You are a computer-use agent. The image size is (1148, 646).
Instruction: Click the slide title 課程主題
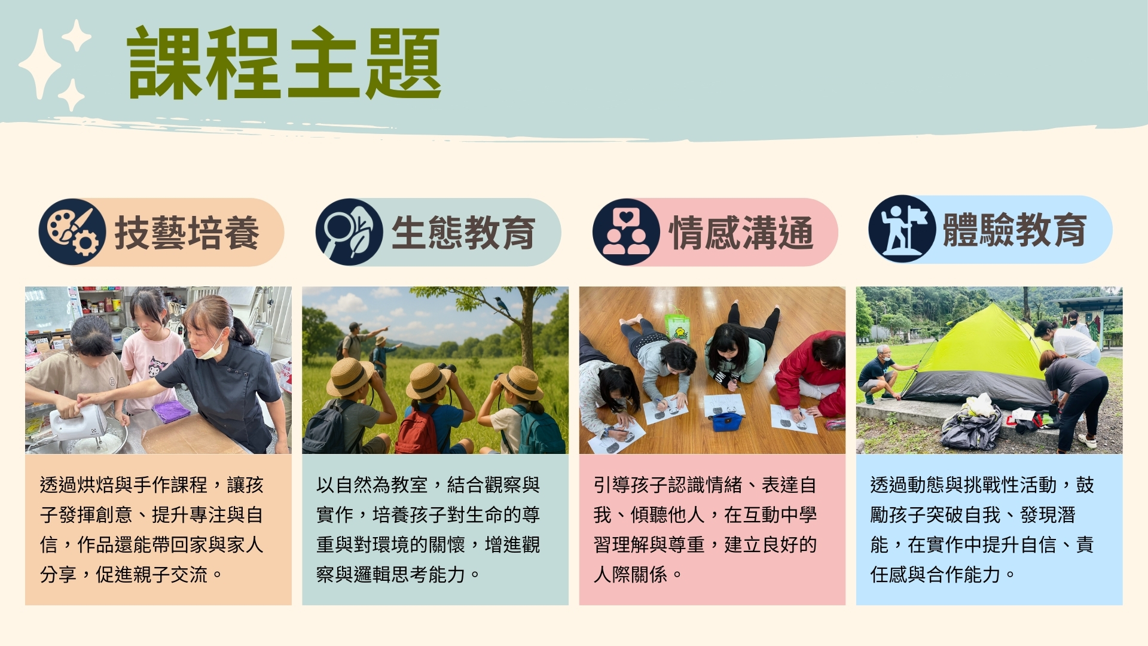pos(284,63)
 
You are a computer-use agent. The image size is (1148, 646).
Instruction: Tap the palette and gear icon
pos(72,232)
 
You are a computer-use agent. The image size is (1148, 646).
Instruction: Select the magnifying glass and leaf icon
pos(349,232)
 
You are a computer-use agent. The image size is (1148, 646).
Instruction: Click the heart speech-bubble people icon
pos(626,232)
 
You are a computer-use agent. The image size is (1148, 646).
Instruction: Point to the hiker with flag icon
pos(902,229)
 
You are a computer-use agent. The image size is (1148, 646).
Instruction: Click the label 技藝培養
pos(187,233)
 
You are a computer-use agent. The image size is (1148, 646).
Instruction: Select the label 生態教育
pos(463,233)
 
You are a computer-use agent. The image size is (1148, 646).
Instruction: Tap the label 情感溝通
pos(741,233)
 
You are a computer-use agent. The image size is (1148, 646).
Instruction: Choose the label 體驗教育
pos(1015,230)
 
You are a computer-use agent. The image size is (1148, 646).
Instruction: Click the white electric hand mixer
pos(78,422)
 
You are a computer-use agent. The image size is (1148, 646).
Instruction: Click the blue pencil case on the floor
pos(726,421)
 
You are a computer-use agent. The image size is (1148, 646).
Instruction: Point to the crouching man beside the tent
pos(883,374)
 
